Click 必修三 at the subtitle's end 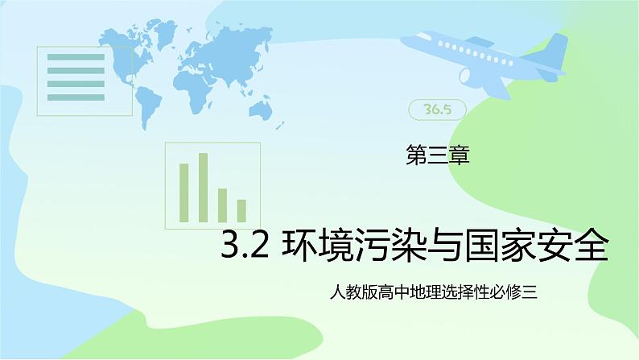[517, 296]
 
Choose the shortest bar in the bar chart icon [241, 210]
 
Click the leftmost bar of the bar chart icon [183, 192]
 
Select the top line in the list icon [73, 56]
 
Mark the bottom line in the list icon [73, 98]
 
